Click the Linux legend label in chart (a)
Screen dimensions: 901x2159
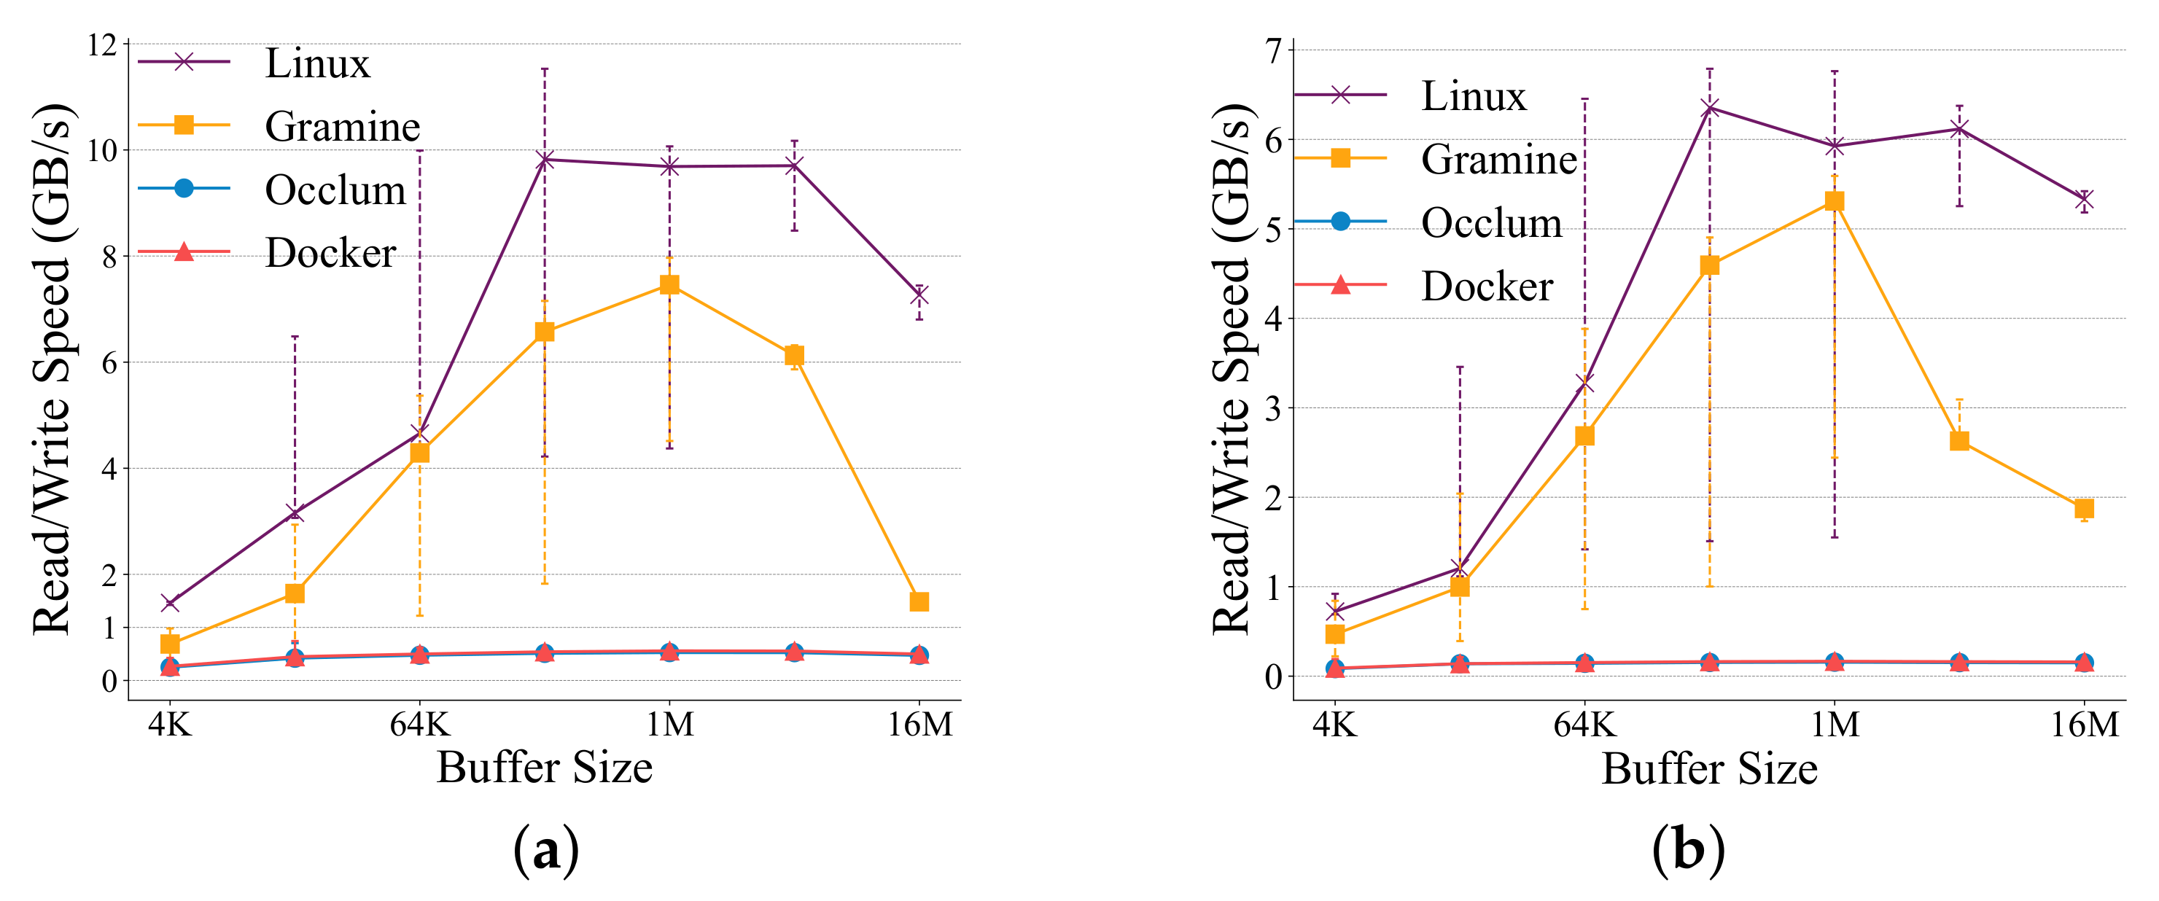pos(316,63)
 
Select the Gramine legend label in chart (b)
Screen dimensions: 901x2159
pos(1498,159)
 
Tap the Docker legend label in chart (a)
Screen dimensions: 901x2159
pos(330,253)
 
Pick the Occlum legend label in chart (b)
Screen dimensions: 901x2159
pos(1491,223)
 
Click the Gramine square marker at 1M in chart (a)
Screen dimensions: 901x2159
pos(669,285)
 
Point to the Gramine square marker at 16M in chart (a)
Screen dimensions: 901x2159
pos(919,602)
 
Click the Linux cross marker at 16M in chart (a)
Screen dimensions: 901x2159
pos(919,295)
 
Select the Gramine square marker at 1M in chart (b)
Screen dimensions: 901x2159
pos(1834,201)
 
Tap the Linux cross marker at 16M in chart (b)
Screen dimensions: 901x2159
pos(2084,200)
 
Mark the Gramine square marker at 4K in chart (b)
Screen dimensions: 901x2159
pos(1334,633)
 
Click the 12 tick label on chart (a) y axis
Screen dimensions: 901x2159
pos(102,45)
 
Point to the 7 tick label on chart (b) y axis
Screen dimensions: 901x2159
pos(1274,52)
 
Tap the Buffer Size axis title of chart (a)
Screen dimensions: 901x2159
pos(544,768)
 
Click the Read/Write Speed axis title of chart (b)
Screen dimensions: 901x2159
pos(1232,369)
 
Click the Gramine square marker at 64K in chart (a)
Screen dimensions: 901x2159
pos(419,453)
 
